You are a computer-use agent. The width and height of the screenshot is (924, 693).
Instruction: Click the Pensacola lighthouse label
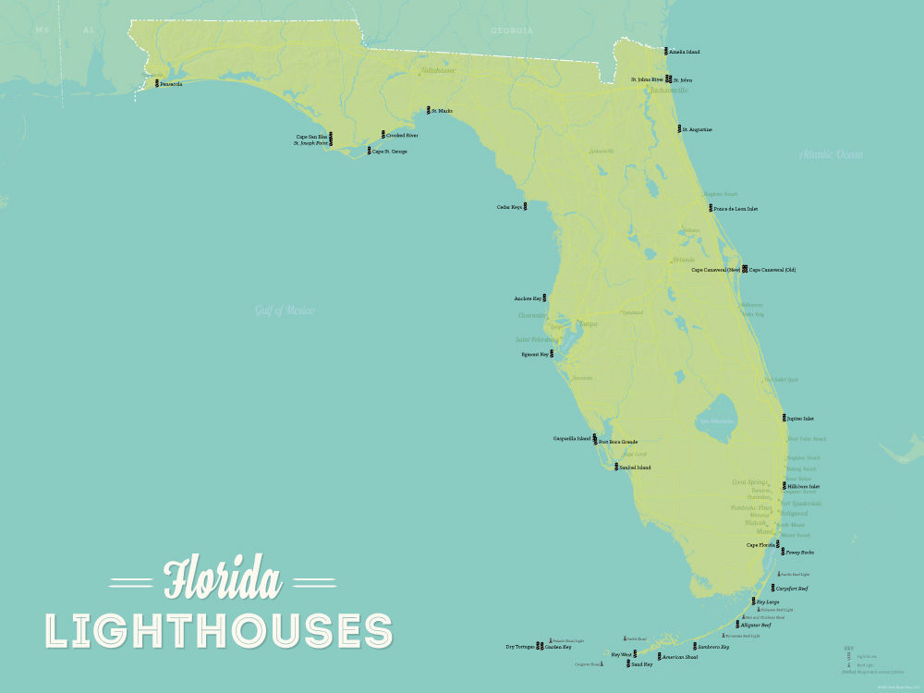pos(171,84)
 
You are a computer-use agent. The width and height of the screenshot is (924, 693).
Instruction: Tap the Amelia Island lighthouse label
pos(686,52)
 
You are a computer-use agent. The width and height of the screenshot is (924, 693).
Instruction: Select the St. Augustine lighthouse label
pos(698,129)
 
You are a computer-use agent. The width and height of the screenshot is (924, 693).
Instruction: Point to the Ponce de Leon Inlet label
pos(736,209)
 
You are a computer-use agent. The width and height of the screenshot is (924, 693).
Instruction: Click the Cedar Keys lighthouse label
pos(509,207)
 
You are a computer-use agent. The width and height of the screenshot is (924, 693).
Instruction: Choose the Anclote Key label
pos(528,298)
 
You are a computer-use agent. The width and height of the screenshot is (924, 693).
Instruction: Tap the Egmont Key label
pos(536,354)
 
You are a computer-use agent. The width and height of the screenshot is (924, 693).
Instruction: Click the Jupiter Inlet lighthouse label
pos(800,419)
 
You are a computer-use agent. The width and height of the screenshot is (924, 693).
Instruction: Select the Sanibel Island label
pos(635,468)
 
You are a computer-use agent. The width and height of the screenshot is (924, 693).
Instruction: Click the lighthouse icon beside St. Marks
pos(427,111)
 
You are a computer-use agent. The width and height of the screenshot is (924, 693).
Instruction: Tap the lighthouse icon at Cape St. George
pos(369,151)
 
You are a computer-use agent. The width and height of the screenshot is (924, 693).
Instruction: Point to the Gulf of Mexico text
pos(285,310)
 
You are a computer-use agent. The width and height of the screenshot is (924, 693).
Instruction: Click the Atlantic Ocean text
pos(831,154)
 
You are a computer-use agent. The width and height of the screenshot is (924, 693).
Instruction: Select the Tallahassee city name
pos(438,70)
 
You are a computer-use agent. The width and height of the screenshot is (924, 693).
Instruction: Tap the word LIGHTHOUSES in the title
pos(219,630)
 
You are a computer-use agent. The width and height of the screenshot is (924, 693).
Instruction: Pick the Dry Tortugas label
pos(518,647)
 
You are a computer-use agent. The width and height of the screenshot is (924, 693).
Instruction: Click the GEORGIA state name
pos(512,30)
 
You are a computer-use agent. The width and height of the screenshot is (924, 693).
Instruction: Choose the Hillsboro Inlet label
pos(803,486)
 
